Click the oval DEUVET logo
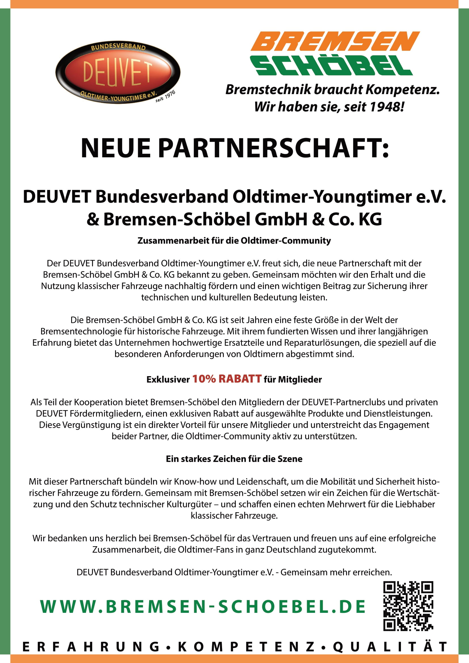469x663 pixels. pos(118,72)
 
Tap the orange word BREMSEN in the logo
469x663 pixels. pos(335,41)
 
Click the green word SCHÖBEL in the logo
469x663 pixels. pos(332,66)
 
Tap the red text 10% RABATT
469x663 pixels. pos(227,379)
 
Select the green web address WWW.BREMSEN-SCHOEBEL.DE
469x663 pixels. pos(203,607)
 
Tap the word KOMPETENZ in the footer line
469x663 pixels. pos(246,647)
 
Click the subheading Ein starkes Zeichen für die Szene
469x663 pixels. pos(234,459)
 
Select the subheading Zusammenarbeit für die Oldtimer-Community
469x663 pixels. pos(234,241)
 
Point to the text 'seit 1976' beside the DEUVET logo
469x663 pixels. pos(166,96)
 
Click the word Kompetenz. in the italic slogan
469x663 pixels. pos(403,90)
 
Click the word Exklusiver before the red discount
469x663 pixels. pos(168,380)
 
